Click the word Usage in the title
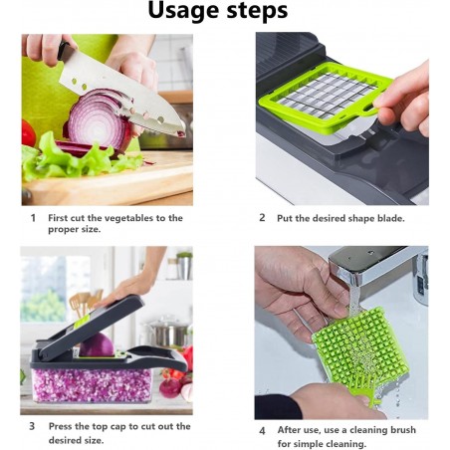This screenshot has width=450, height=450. coord(184,11)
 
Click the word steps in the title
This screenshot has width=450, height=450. coord(257,11)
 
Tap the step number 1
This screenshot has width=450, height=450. coord(33,218)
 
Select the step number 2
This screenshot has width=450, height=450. coord(262,218)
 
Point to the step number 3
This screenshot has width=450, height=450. coord(32,426)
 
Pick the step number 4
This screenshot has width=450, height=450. coord(262,431)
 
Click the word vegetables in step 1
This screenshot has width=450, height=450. coord(120,218)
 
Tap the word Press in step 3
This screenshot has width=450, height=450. coord(61,426)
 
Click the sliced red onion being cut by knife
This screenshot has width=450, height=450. coord(98,122)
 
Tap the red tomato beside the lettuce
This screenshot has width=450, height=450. coord(28,132)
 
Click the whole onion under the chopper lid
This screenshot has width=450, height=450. coord(97,345)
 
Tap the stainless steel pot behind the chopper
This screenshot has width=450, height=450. coord(167,332)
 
